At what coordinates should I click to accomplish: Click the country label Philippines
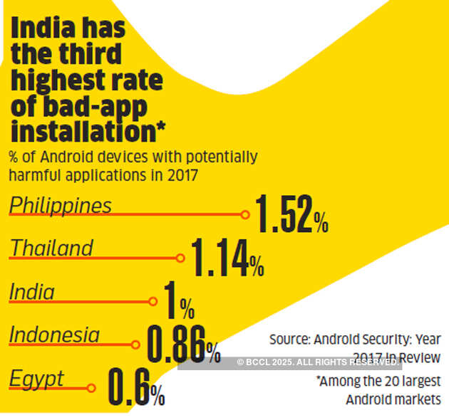tap(61, 206)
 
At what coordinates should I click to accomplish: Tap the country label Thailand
tap(51, 248)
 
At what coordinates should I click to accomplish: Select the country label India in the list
tap(32, 291)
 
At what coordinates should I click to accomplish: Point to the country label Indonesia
tap(54, 335)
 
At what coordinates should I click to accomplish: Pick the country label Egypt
tap(36, 379)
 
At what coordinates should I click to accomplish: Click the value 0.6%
tap(136, 387)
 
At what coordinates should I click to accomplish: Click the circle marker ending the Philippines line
tap(245, 214)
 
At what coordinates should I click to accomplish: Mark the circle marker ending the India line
tap(152, 301)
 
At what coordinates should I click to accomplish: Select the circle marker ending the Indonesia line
tap(136, 345)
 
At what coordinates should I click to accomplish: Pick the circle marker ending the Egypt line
tap(91, 388)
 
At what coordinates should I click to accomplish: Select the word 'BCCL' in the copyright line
tap(259, 362)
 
